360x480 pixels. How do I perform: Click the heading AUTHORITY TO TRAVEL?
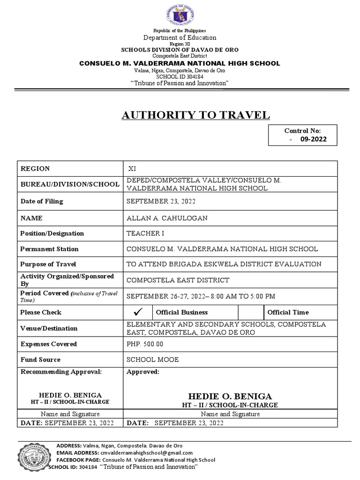coord(196,115)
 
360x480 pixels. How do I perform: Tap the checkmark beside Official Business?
coord(137,312)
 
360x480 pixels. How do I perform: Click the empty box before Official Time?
coord(251,312)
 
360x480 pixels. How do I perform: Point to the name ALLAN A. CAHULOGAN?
coord(167,218)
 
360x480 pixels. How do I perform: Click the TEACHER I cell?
coord(145,233)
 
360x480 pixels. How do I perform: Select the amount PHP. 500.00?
coord(145,344)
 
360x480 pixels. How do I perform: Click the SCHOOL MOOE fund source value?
coord(152,360)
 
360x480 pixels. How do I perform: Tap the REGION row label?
coord(35,169)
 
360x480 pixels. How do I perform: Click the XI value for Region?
coord(133,169)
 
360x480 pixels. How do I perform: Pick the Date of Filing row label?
coord(41,201)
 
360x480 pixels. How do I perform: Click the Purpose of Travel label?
coord(48,264)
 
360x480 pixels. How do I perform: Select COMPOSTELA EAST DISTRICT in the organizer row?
coord(178,280)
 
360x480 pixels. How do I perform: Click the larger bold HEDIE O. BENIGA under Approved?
coord(230,396)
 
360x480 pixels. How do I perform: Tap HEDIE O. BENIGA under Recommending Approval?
coord(70,395)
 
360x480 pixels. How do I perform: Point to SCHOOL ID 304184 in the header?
coord(180,76)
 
